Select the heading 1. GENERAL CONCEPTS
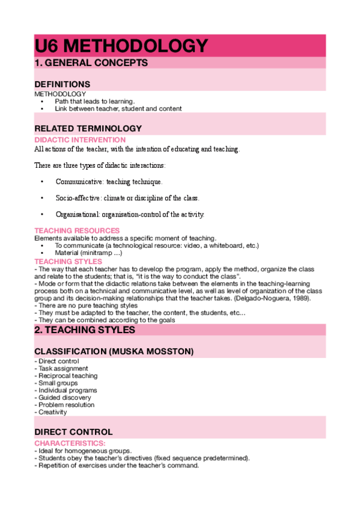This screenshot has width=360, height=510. click(91, 63)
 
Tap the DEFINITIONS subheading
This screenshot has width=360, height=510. click(63, 84)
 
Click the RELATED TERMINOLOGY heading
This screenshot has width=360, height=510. click(88, 128)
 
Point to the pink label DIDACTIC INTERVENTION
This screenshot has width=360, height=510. click(80, 140)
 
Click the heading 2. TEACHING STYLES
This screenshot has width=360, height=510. click(85, 330)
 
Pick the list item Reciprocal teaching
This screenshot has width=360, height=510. click(67, 376)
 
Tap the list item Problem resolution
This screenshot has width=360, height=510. click(66, 405)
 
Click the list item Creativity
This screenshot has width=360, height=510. click(53, 412)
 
